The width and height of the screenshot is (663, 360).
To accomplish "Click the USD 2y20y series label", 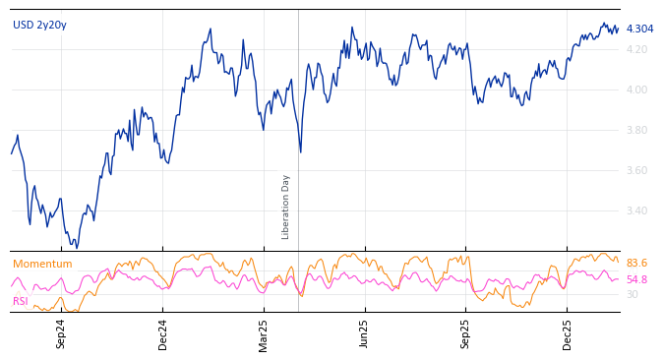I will click(x=39, y=25).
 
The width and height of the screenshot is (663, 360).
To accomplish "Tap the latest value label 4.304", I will click(x=639, y=29).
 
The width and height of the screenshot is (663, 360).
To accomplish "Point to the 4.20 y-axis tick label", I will click(x=636, y=49).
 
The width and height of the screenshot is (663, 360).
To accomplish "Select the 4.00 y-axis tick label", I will click(x=636, y=90).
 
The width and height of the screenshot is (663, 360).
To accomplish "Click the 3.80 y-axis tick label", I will click(x=636, y=130).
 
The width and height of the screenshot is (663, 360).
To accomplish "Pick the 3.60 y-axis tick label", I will click(x=636, y=170).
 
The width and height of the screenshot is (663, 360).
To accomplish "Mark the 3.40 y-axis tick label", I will click(x=636, y=210).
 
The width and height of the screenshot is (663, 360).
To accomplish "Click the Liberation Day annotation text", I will click(x=286, y=207).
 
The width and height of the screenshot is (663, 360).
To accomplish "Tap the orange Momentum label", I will click(x=42, y=264).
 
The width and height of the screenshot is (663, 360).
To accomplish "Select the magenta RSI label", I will click(x=21, y=301).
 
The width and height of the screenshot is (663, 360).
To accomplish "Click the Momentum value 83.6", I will click(x=636, y=263).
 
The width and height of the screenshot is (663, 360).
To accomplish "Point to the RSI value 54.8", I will click(x=636, y=279).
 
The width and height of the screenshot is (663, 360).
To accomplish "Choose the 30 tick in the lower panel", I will click(x=632, y=294).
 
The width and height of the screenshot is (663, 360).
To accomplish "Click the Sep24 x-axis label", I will click(x=61, y=333).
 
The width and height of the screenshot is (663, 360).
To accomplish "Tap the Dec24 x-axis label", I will click(x=163, y=333).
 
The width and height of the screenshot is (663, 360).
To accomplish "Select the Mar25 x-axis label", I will click(x=264, y=333).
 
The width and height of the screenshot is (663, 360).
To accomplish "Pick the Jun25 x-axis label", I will click(x=364, y=333).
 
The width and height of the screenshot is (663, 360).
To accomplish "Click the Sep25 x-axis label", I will click(x=465, y=333).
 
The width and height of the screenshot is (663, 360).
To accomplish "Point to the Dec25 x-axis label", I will click(x=568, y=333).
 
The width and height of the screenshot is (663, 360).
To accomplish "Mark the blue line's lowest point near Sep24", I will click(x=77, y=247).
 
